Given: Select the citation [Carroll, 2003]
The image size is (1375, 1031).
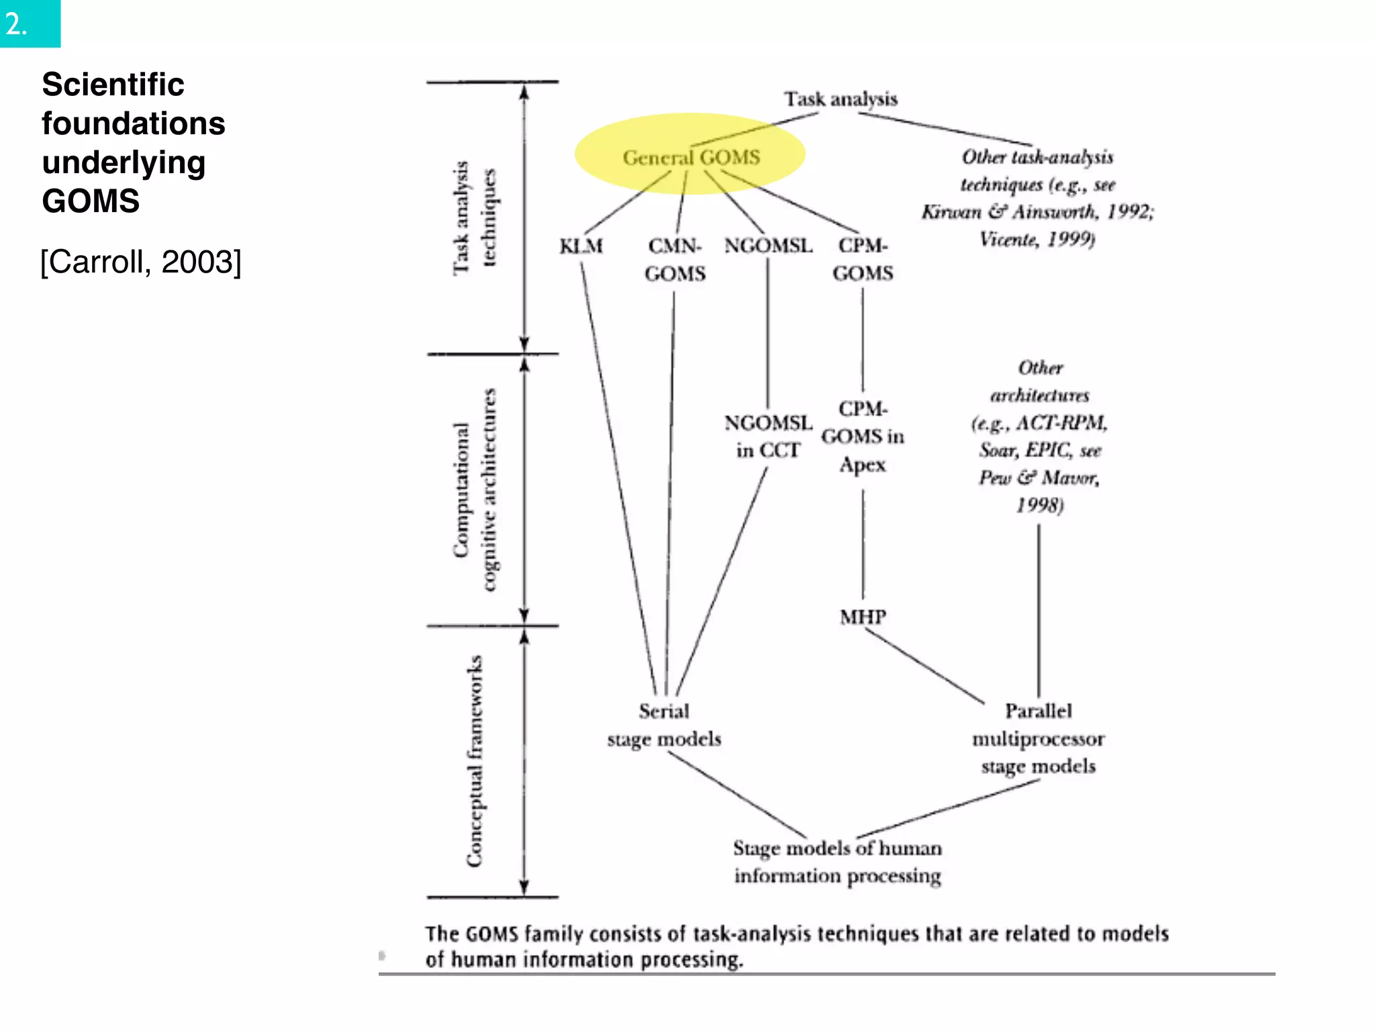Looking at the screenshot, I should click(140, 262).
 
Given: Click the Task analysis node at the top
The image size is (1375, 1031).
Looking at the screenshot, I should click(841, 99).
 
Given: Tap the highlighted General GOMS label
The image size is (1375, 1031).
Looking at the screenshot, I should click(691, 158).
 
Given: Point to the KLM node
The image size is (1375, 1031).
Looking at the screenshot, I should click(581, 246).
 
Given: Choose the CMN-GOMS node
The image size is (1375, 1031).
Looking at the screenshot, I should click(675, 260).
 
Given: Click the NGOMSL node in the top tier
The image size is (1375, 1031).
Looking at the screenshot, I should click(768, 246).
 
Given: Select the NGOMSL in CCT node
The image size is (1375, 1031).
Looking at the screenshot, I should click(768, 436).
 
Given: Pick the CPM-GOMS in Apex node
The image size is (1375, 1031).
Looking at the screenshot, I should click(863, 436).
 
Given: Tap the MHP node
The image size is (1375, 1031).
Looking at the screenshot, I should click(863, 616).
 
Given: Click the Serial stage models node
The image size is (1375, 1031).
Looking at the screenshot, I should click(664, 725).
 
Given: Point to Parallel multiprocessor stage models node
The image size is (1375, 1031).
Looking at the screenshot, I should click(1038, 738).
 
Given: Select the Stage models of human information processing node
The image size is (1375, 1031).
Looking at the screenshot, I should click(837, 862).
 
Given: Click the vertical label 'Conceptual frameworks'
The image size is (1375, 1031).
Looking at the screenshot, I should click(475, 761).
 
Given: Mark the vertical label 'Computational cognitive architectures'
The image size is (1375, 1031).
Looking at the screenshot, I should click(475, 490).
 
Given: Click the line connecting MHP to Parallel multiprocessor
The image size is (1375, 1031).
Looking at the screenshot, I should click(924, 667).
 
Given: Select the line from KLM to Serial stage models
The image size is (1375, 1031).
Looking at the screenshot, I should click(618, 470).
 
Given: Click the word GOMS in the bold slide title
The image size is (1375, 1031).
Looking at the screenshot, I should click(91, 201).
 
